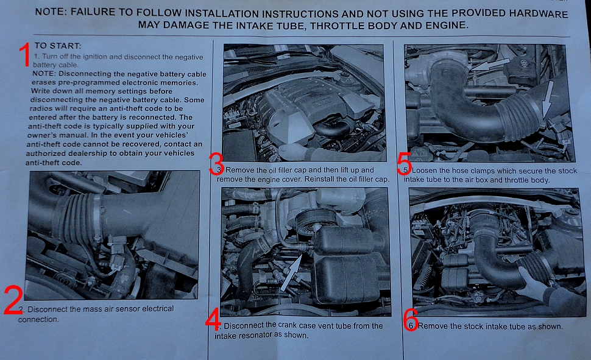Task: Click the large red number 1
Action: pyautogui.click(x=25, y=55)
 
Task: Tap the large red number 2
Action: pyautogui.click(x=13, y=300)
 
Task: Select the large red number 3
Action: pyautogui.click(x=216, y=164)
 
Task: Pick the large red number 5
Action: pyautogui.click(x=405, y=164)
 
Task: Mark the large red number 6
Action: pyautogui.click(x=410, y=320)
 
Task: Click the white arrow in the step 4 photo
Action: pyautogui.click(x=291, y=273)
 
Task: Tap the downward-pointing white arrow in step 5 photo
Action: pyautogui.click(x=547, y=99)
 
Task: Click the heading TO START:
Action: pyautogui.click(x=58, y=46)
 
